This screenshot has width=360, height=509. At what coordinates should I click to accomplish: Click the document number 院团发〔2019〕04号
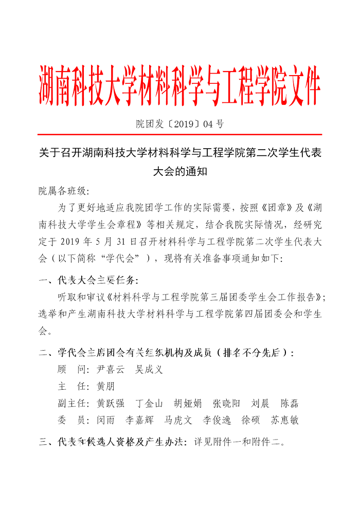click(x=179, y=124)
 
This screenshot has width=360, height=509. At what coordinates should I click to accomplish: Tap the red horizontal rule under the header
click(x=180, y=135)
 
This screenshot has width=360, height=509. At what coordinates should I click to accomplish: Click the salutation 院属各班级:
click(x=64, y=191)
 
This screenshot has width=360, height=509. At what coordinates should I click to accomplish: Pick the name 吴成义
click(x=149, y=370)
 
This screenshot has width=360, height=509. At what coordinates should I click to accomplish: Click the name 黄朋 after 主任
click(x=106, y=386)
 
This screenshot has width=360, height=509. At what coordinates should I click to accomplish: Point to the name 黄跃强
click(x=111, y=403)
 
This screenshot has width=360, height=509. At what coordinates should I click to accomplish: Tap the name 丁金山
click(x=149, y=403)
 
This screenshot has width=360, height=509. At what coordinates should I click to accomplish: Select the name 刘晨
click(x=260, y=403)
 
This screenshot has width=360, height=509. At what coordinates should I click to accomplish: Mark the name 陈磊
click(x=290, y=403)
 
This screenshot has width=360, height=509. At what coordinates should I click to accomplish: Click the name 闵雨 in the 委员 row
click(x=106, y=420)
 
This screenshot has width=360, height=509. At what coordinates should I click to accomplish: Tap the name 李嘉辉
click(x=140, y=420)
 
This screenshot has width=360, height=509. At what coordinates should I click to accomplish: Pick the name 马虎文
click(x=178, y=420)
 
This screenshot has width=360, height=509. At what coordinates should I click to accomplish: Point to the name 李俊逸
click(x=217, y=420)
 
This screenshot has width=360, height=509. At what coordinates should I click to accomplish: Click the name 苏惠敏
click(x=284, y=420)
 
